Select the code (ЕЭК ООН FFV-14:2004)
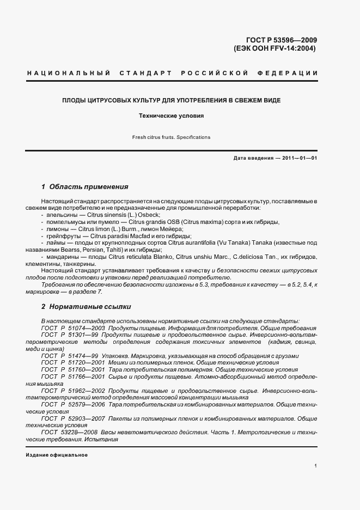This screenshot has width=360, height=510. click(274, 48)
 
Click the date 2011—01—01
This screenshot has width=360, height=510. click(298, 158)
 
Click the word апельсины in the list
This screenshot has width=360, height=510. click(59, 215)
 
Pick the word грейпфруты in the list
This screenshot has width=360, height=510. click(60, 236)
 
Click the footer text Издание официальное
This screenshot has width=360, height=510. click(57, 455)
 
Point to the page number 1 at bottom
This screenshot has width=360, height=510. click(316, 466)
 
